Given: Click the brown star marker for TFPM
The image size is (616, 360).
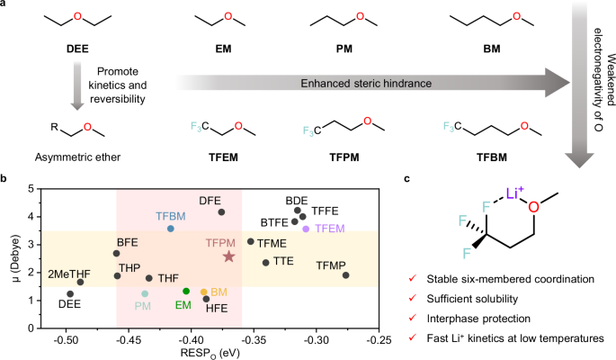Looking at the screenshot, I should [228, 256].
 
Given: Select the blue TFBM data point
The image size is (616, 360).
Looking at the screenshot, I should [171, 229].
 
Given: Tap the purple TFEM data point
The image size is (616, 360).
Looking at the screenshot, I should [306, 229].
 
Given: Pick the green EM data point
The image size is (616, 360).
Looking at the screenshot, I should [186, 291].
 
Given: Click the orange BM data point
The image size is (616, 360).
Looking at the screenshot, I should [204, 292].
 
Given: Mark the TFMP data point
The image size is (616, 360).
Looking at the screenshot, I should [346, 275].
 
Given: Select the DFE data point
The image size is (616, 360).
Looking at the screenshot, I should [221, 212].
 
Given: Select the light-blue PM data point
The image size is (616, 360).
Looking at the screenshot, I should [145, 293].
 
